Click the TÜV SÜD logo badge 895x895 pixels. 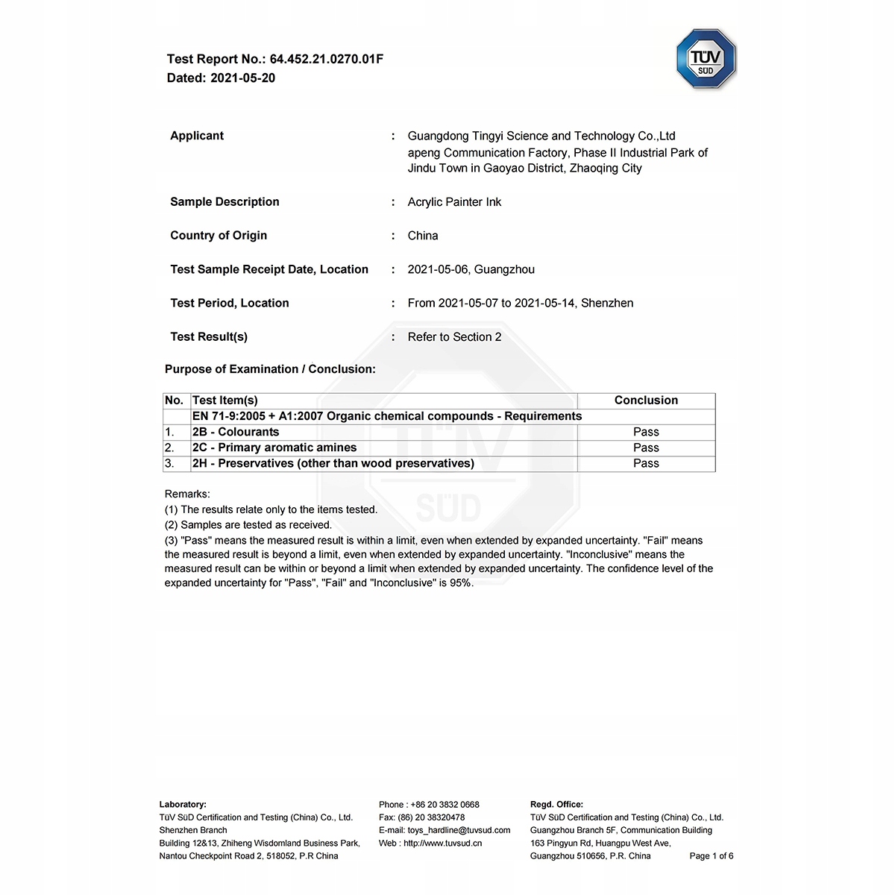point(706,60)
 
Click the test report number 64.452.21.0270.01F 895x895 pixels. point(326,59)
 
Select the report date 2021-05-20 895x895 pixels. point(242,78)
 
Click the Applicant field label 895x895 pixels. point(197,136)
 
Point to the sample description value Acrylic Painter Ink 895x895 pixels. point(454,202)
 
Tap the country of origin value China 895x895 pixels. point(423,236)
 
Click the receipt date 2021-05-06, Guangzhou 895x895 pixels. point(471,269)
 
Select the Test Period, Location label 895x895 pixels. point(230,303)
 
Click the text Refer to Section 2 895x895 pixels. point(454,337)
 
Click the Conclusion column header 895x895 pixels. point(646,401)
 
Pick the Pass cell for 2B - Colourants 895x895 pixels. point(646,432)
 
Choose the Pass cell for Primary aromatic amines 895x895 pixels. point(646,447)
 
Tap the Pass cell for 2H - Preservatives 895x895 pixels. point(646,463)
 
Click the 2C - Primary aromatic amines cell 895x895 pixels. point(274,447)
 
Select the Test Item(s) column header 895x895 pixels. point(225,401)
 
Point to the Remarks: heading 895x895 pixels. point(187,494)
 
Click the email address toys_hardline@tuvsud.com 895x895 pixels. point(459,830)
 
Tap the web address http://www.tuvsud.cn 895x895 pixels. point(442,844)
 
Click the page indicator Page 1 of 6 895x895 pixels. point(711,856)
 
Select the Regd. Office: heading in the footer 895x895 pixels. point(556,805)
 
